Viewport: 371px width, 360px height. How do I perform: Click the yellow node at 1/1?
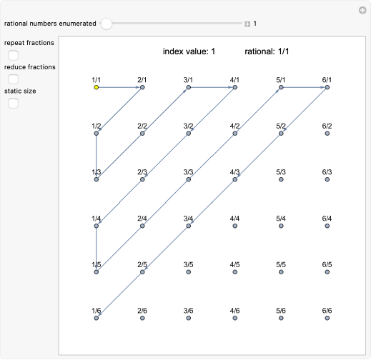point(96,87)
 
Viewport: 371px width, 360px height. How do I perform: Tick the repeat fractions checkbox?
point(13,55)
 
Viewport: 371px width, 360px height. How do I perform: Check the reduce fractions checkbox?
point(13,79)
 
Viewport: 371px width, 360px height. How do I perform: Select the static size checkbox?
point(13,104)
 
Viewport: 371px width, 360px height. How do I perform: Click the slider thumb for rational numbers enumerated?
point(107,24)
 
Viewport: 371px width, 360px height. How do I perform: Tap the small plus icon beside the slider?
point(247,24)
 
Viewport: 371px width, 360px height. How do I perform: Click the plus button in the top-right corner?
point(362,10)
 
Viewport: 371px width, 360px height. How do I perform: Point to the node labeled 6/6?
point(327,319)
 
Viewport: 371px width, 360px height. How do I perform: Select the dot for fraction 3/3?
point(188,180)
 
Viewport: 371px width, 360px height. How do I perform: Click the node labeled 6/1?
point(327,87)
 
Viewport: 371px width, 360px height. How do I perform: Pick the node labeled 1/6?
point(96,319)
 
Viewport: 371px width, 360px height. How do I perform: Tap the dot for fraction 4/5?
point(234,272)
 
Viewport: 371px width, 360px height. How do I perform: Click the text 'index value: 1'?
point(189,51)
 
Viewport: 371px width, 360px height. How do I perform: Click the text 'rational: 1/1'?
point(267,51)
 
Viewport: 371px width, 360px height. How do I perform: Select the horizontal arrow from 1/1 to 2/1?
point(119,87)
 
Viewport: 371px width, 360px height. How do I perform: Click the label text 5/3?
point(280,172)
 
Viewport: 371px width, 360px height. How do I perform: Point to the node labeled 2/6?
point(142,319)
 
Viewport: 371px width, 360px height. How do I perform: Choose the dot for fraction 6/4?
point(327,226)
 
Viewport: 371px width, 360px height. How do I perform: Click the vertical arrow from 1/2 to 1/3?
point(96,156)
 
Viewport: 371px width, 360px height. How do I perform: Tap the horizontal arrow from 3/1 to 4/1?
point(212,87)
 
